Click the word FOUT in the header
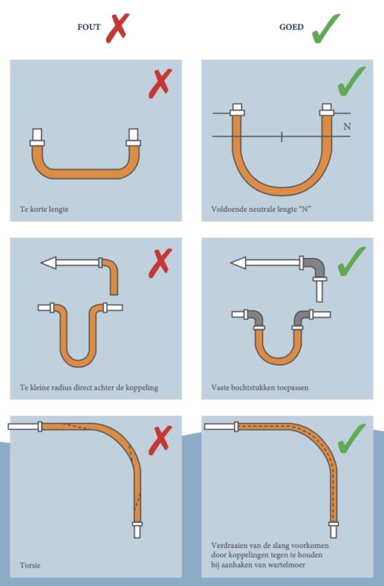tap(89, 26)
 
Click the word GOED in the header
tap(291, 26)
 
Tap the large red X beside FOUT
tap(117, 26)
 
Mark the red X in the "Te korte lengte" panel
tap(159, 83)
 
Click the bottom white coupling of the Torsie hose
tap(137, 528)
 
